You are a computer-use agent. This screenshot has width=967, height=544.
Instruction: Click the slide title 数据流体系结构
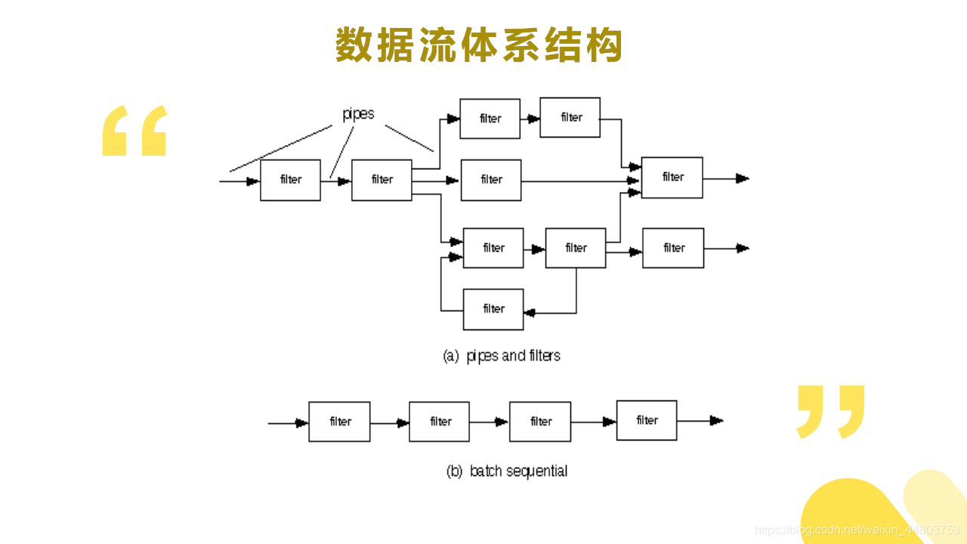(x=479, y=45)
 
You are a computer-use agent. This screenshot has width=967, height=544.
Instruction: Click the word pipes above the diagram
(x=358, y=114)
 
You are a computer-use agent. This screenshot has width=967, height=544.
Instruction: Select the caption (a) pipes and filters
(x=502, y=355)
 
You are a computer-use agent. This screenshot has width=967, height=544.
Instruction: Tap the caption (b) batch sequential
(x=507, y=471)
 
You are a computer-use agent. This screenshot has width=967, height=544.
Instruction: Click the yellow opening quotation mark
(x=134, y=131)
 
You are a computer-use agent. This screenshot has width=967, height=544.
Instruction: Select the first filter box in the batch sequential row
(x=339, y=422)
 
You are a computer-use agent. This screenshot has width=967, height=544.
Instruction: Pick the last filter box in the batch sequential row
(x=647, y=420)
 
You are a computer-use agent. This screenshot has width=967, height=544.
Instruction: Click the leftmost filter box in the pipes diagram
(x=290, y=180)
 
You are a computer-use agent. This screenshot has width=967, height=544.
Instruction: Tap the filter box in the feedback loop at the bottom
(x=493, y=309)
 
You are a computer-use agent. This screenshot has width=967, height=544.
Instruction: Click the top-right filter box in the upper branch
(x=570, y=117)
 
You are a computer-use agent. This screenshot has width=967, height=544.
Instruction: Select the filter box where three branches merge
(x=672, y=178)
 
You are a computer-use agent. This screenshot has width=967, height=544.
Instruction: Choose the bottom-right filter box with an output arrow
(x=673, y=248)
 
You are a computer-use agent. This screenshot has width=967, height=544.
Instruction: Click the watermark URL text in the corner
(x=857, y=530)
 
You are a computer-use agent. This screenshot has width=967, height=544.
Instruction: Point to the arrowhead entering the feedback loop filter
(x=530, y=313)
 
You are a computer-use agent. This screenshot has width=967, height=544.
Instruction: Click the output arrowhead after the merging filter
(x=743, y=178)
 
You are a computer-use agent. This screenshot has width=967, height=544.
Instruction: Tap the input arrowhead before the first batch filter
(x=302, y=423)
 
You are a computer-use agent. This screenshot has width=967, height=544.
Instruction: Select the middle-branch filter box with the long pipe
(x=491, y=180)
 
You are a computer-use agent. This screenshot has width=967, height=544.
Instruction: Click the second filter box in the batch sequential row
(x=440, y=422)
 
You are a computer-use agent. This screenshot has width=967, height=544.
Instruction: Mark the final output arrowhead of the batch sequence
(x=717, y=421)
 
